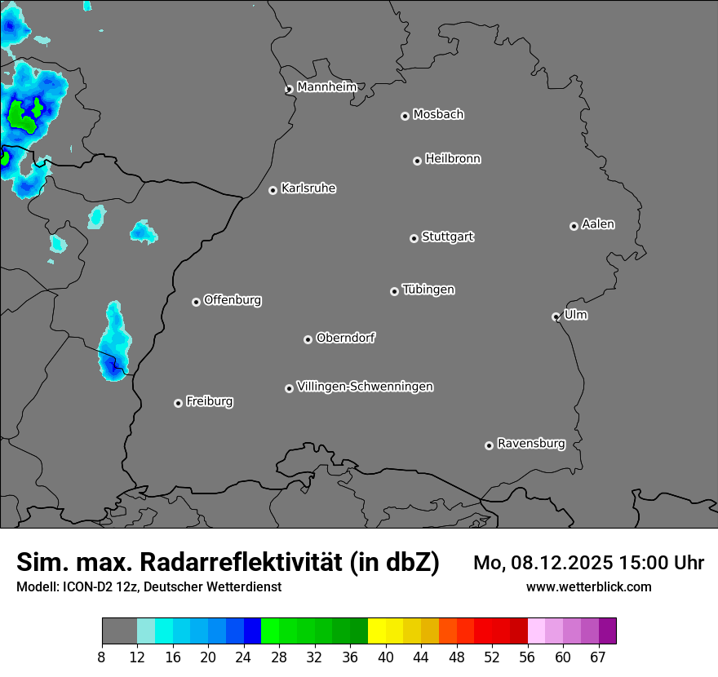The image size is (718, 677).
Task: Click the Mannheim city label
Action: click(326, 87)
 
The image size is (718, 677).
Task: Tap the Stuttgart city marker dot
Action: click(414, 238)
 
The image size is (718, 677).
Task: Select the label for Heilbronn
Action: click(453, 159)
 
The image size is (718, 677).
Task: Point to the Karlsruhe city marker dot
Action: click(273, 190)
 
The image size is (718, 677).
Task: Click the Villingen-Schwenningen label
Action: click(365, 387)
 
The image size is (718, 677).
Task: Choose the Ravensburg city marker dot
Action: click(489, 445)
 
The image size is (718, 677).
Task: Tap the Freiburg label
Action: click(209, 401)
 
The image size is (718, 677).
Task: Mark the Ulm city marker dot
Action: click(556, 316)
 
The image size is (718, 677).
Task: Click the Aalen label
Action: click(598, 224)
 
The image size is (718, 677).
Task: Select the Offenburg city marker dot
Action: click(196, 302)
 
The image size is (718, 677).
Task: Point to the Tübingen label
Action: click(428, 290)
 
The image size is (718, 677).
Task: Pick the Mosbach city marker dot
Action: click(405, 116)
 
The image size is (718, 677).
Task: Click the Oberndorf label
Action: click(345, 338)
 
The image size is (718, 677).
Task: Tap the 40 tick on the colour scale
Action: click(386, 657)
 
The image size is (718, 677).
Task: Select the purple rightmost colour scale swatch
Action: click(607, 631)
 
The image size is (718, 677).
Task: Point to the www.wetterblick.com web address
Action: click(589, 586)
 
